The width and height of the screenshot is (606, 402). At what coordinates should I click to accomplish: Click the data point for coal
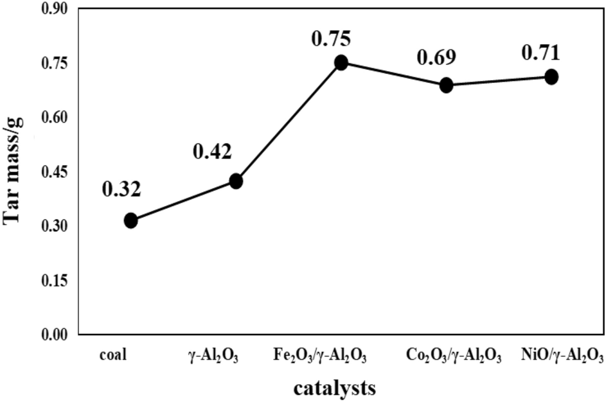(130, 221)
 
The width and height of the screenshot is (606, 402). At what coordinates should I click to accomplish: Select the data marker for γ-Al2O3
(236, 181)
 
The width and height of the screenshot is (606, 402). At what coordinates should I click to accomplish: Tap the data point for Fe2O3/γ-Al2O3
(341, 62)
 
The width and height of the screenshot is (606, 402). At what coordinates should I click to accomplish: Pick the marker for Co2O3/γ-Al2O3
(447, 85)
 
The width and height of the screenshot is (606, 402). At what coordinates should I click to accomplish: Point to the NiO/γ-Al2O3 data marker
(551, 76)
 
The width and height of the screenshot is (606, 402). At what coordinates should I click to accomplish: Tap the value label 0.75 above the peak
(332, 39)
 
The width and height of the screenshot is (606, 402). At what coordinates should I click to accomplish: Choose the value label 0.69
(436, 58)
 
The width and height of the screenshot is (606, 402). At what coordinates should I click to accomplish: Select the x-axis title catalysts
(335, 388)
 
